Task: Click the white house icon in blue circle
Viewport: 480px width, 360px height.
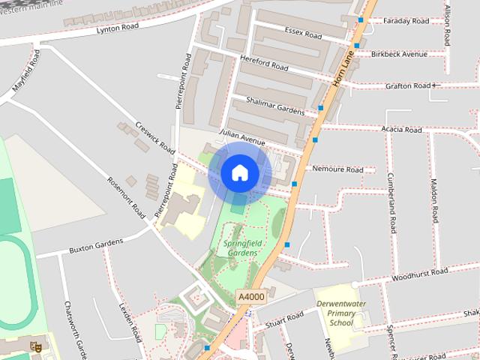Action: coord(239,173)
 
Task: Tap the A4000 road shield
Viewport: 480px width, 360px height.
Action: coord(250,298)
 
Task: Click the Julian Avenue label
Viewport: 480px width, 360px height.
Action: coord(242,137)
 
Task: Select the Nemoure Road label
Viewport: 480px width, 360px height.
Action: coord(337,169)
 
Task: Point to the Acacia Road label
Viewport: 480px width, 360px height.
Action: coord(401,130)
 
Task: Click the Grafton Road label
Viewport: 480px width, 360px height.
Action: coord(407,86)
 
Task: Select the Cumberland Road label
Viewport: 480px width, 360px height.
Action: coord(391,202)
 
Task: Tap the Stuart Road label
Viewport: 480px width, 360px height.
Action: coord(284,319)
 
